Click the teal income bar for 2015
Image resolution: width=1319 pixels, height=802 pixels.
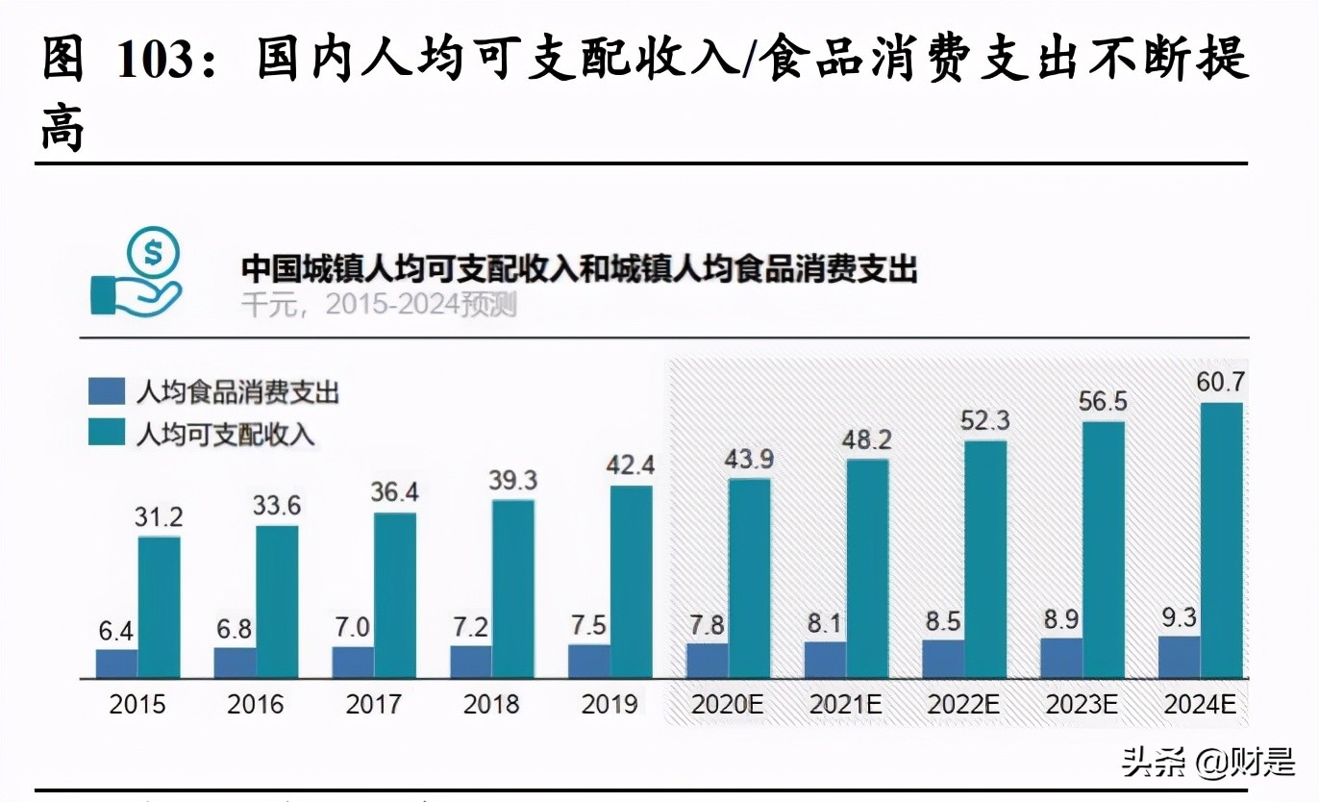click(159, 607)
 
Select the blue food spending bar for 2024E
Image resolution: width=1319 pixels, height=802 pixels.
click(1179, 657)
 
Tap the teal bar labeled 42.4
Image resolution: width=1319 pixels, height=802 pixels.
click(631, 582)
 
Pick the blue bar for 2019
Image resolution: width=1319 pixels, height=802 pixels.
click(588, 661)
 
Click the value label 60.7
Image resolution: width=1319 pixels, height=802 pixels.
click(1220, 383)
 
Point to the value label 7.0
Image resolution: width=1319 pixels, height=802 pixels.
click(353, 627)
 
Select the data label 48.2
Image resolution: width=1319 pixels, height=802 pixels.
click(867, 440)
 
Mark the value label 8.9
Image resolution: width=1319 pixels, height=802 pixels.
click(1061, 619)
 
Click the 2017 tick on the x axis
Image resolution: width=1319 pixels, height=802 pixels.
click(373, 705)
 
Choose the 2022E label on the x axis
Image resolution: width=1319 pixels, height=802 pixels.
click(963, 705)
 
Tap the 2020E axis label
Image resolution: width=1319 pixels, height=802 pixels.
click(728, 705)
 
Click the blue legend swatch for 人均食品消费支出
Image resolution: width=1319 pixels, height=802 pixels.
click(107, 391)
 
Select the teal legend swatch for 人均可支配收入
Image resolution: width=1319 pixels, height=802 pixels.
click(107, 433)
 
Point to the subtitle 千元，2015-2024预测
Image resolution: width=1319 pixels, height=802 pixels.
click(379, 305)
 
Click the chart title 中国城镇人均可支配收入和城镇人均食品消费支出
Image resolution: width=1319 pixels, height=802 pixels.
click(579, 268)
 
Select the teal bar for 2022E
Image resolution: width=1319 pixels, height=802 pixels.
click(985, 560)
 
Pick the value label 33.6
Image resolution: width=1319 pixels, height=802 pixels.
click(277, 505)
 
